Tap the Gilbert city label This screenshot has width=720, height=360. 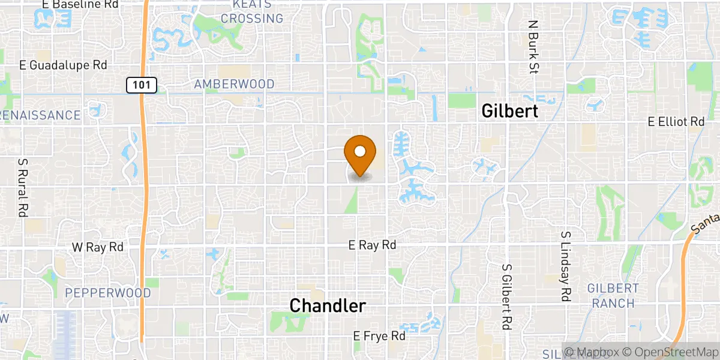[510, 111]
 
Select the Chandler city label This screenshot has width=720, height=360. [328, 305]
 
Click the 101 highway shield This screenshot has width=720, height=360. [142, 85]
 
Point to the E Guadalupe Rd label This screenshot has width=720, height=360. [63, 65]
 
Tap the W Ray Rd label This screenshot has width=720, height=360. [98, 247]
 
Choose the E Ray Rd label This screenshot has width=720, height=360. [373, 245]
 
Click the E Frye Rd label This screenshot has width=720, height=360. [379, 336]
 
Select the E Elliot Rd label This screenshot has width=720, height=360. [676, 122]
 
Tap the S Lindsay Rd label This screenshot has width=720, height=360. [565, 266]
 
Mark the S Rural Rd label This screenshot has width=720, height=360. [23, 188]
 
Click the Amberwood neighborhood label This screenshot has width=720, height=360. [234, 85]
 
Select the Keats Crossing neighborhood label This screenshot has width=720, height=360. [252, 11]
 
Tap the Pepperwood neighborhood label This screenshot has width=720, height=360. [107, 293]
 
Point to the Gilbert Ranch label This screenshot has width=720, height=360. [613, 296]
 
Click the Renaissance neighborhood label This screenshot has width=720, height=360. [40, 115]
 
